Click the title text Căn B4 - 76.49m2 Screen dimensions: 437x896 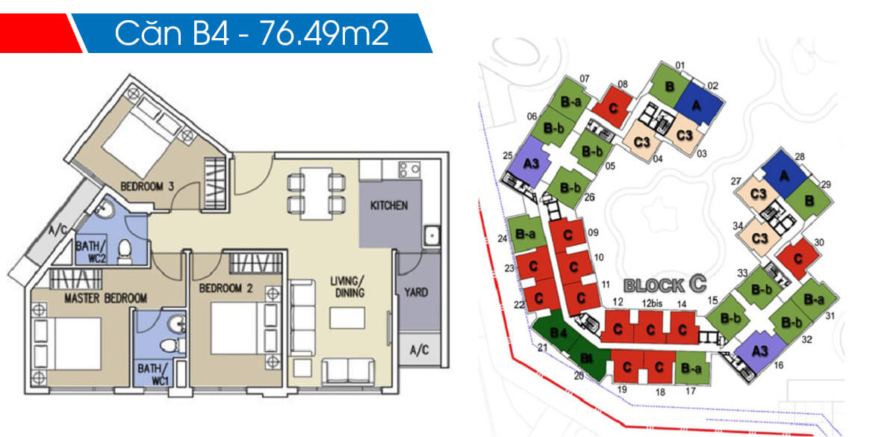pos(252,34)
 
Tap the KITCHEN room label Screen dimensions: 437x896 pos(390,205)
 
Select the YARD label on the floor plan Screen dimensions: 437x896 pos(416,292)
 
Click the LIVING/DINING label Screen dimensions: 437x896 pos(347,287)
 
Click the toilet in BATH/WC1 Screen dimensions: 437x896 pos(172,344)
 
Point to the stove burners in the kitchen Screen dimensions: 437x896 pos(408,169)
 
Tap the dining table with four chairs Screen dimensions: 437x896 pos(317,191)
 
